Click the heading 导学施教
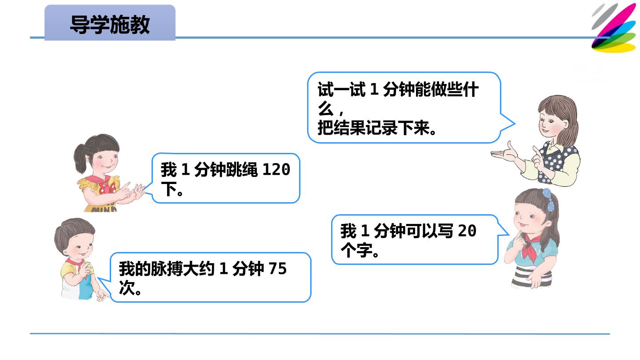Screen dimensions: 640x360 pyautogui.click(x=110, y=25)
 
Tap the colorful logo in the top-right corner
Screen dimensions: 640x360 pyautogui.click(x=615, y=28)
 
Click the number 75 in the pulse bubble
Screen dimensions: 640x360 pyautogui.click(x=277, y=268)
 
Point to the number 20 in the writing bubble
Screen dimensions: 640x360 pyautogui.click(x=467, y=231)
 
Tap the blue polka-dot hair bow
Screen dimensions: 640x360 pyautogui.click(x=549, y=200)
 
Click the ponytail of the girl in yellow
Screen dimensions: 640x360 pyautogui.click(x=80, y=159)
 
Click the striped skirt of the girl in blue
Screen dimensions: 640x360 pyautogui.click(x=532, y=276)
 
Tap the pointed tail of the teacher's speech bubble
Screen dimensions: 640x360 pyautogui.click(x=515, y=124)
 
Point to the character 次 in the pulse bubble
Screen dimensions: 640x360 pyautogui.click(x=127, y=288)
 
